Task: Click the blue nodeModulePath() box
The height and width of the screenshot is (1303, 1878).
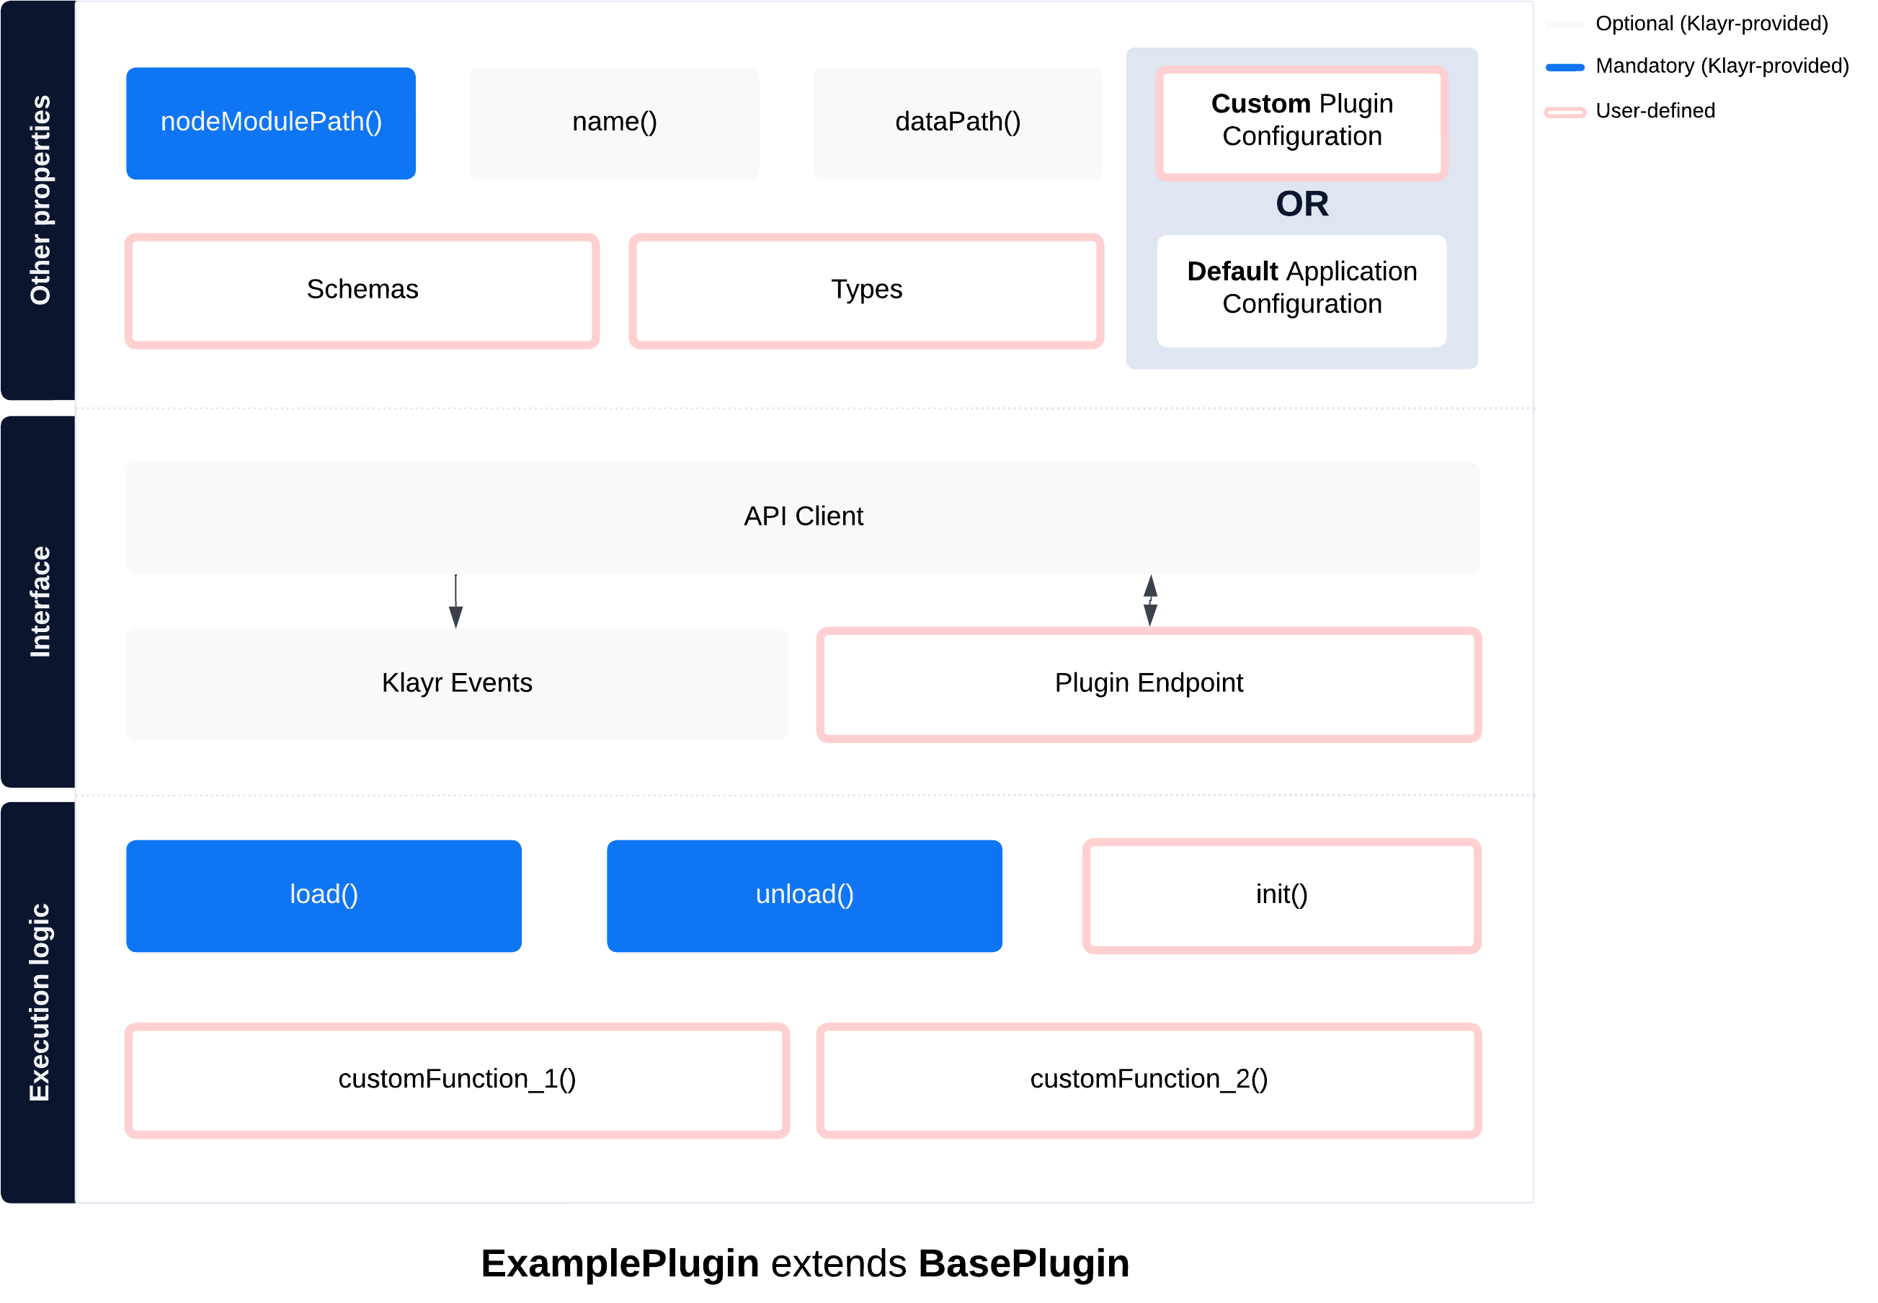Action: (271, 123)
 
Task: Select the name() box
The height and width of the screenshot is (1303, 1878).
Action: (614, 123)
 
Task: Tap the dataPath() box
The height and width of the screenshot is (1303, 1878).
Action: (957, 123)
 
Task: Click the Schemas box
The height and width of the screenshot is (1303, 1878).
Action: (362, 290)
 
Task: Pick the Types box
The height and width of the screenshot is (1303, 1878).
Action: (866, 290)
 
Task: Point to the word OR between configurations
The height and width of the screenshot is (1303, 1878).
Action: (1301, 204)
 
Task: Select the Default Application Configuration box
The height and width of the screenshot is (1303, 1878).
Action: (1301, 290)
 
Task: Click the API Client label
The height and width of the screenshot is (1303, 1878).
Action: (803, 517)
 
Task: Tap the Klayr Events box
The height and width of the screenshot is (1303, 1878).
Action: (457, 684)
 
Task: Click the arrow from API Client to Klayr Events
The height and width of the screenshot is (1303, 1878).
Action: (455, 602)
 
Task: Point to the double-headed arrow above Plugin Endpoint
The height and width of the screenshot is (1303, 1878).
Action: (1150, 601)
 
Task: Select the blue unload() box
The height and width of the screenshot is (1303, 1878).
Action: (804, 896)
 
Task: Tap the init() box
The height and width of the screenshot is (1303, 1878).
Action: (1281, 896)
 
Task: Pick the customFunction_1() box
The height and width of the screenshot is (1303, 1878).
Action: (457, 1080)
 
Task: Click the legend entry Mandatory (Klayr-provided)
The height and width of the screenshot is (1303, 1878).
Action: (1722, 67)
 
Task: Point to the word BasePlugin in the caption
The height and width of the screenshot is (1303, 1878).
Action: (1023, 1264)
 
